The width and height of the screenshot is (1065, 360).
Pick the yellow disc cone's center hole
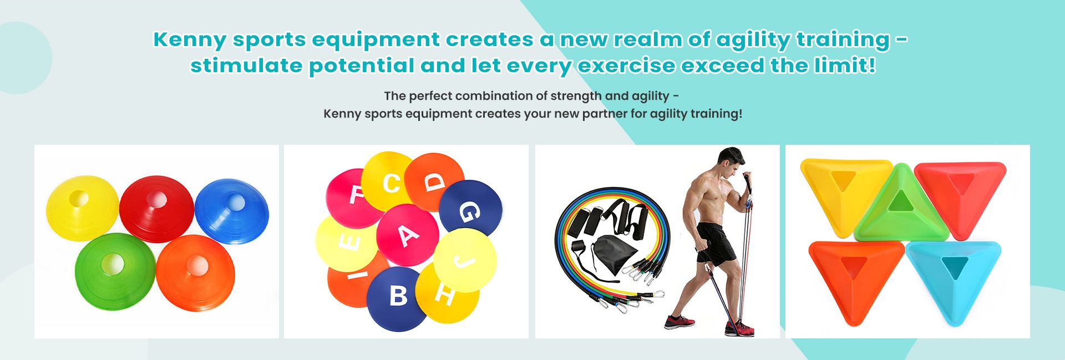pos(78,198)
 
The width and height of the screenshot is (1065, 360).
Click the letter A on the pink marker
pos(409,235)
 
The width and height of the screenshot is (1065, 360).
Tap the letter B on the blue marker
pos(398,296)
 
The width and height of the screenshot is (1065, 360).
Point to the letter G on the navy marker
pos(469,211)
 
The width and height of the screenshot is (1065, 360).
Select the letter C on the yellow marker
pos(392,183)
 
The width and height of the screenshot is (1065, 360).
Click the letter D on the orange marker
pos(435,181)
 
